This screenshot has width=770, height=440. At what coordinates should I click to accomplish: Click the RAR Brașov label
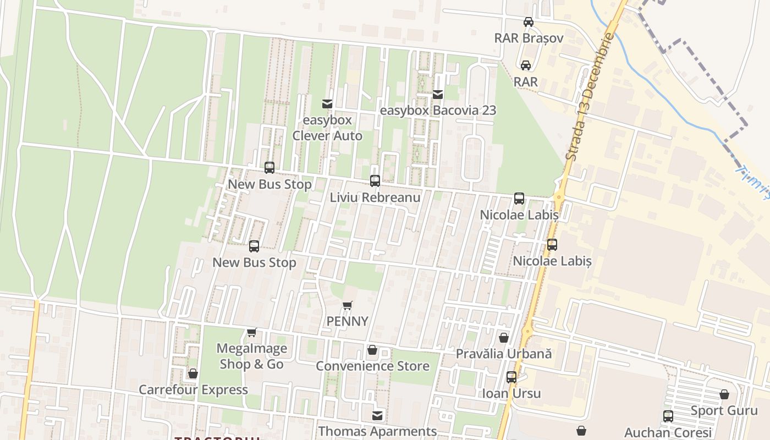[x=529, y=38]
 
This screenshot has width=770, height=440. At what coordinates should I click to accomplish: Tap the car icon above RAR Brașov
[x=529, y=22]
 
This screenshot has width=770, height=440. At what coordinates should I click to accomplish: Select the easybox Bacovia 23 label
[x=438, y=110]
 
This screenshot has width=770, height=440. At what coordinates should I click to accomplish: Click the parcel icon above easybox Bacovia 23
[x=438, y=95]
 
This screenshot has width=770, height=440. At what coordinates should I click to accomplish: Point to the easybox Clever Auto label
[x=327, y=128]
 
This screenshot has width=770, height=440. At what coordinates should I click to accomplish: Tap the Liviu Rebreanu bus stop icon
[x=375, y=180]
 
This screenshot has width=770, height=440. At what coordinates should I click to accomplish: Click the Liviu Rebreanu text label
[x=375, y=197]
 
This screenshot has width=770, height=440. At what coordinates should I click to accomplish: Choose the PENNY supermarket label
[x=347, y=321]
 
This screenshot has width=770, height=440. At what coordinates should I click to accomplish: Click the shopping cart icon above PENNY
[x=347, y=305]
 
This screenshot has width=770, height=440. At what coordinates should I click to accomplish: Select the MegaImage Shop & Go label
[x=251, y=356]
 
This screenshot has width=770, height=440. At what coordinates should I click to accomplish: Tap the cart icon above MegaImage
[x=251, y=332]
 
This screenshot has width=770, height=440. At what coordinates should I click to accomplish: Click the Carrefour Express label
[x=193, y=389]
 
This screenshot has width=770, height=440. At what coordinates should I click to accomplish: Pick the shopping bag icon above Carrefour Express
[x=193, y=374]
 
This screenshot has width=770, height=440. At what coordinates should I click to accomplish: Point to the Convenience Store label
[x=372, y=366]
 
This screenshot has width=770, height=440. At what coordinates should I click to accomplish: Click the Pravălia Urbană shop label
[x=503, y=354]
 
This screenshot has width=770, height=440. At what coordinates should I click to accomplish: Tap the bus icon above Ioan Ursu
[x=512, y=377]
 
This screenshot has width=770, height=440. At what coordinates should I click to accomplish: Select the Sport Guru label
[x=724, y=410]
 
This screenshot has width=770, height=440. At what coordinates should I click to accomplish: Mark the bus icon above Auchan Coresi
[x=668, y=416]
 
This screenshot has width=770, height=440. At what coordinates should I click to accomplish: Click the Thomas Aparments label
[x=377, y=431]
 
